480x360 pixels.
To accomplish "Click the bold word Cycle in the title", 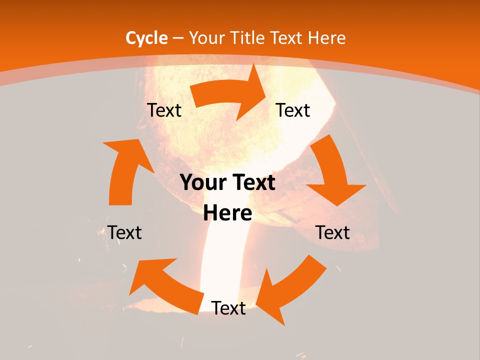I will click(x=146, y=38).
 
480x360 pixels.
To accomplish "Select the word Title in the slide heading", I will click(x=249, y=38).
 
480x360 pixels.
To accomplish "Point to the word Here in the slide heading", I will click(x=327, y=38).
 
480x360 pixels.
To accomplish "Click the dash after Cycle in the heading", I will click(x=178, y=38).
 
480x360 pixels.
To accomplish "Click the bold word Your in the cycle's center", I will click(x=201, y=183).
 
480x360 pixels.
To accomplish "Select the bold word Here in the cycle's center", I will click(x=227, y=213).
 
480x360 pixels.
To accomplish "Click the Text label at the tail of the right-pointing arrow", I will click(x=164, y=110).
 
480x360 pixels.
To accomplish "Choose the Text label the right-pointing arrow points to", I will click(x=293, y=110).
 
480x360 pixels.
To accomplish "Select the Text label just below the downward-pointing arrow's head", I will click(x=332, y=232).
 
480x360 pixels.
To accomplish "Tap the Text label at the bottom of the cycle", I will click(x=228, y=308).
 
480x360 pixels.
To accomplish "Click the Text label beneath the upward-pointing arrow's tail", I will click(x=125, y=232).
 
